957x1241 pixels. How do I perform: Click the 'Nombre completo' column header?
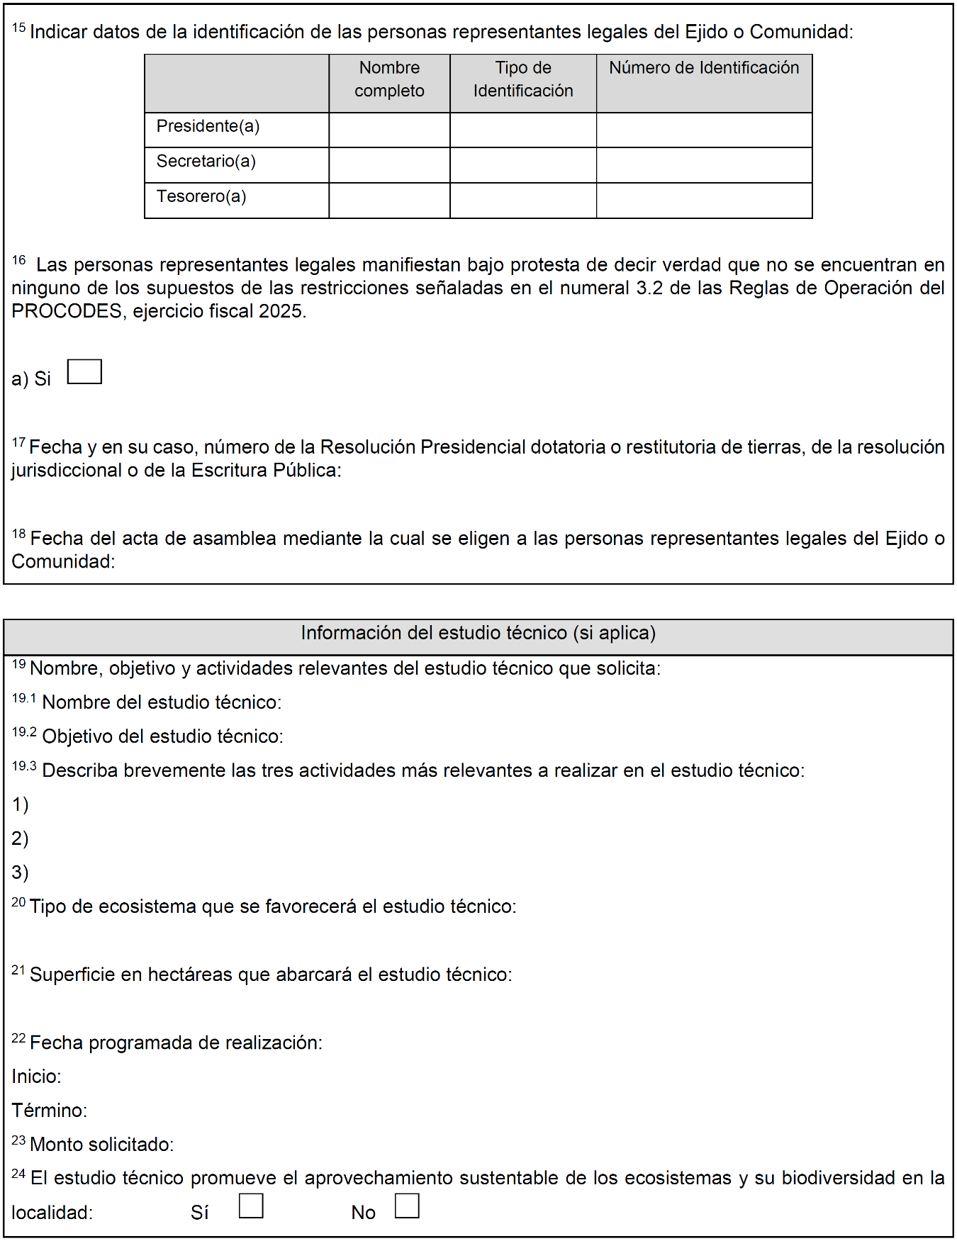point(389,79)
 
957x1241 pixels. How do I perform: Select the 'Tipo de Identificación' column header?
point(523,79)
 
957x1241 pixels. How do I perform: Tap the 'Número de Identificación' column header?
point(704,68)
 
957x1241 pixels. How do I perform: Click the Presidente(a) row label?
point(208,126)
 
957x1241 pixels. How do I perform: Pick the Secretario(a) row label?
point(206,162)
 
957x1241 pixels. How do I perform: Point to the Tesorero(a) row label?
point(201,196)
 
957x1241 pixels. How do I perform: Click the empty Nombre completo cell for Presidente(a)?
point(389,130)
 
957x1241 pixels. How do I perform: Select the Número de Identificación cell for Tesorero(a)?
point(704,201)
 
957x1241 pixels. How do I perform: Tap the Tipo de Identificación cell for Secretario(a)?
point(523,165)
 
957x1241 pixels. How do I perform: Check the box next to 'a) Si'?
point(84,372)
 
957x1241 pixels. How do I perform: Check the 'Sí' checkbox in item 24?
point(251,1206)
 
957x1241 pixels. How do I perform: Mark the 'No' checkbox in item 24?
point(407,1206)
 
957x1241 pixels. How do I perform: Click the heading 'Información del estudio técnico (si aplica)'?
point(478,633)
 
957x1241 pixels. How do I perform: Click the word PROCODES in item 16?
point(67,311)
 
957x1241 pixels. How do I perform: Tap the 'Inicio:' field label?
point(36,1077)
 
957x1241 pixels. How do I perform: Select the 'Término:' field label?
point(49,1111)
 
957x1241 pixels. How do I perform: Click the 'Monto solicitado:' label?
point(101,1145)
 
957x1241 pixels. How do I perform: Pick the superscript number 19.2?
point(24,732)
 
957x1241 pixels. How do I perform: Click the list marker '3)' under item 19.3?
point(20,872)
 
